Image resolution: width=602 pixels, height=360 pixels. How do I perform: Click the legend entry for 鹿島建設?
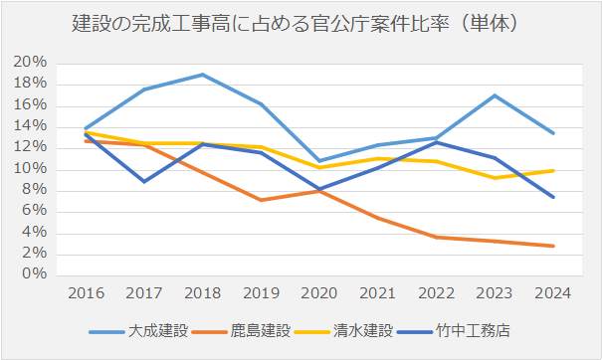(x=257, y=330)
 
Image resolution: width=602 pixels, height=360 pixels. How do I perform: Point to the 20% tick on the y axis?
(x=29, y=63)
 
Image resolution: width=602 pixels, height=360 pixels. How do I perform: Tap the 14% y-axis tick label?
(x=29, y=126)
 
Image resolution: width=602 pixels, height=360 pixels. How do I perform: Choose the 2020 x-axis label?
(x=317, y=293)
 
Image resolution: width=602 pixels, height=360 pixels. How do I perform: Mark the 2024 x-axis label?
(x=550, y=293)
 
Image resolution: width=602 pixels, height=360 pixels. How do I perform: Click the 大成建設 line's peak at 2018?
(x=202, y=75)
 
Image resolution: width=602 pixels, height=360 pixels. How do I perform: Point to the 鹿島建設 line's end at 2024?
(x=550, y=246)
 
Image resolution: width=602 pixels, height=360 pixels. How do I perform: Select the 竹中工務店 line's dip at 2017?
(x=144, y=181)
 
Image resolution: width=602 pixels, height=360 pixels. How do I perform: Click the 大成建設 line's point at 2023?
(x=493, y=95)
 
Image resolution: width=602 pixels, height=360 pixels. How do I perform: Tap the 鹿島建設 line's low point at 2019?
(x=260, y=200)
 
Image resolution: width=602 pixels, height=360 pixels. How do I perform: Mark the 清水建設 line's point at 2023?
(x=493, y=178)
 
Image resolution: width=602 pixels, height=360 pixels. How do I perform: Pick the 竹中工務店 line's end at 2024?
(x=550, y=197)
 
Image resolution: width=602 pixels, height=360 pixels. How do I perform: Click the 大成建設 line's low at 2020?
(x=317, y=161)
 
